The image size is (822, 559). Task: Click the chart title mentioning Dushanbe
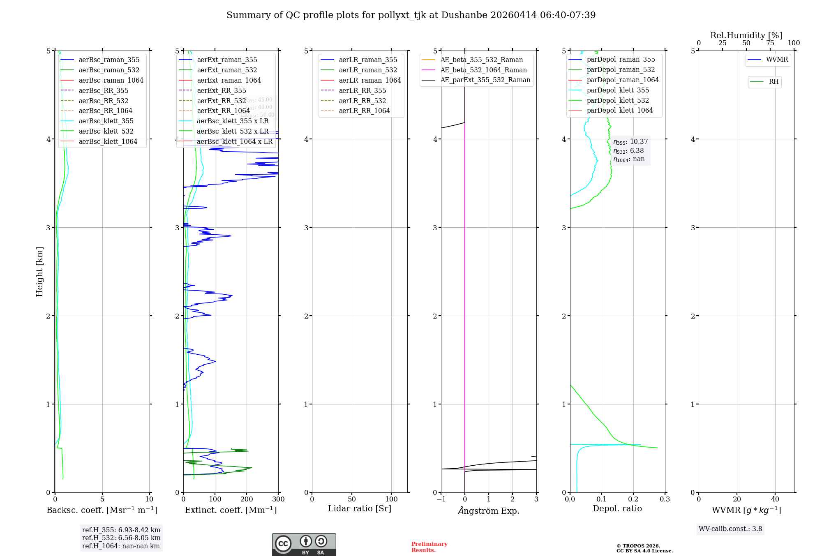point(411,15)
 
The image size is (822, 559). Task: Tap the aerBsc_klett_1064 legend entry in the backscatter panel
point(108,141)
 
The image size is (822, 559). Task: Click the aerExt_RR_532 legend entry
point(221,101)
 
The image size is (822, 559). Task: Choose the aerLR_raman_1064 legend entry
point(369,80)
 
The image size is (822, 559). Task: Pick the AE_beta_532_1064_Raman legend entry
point(483,70)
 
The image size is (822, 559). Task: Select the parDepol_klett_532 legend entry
point(617,100)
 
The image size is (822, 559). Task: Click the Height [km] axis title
point(39,271)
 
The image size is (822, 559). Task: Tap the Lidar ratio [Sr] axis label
point(360,508)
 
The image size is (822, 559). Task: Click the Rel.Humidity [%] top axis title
point(746,35)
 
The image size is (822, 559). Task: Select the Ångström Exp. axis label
point(489,510)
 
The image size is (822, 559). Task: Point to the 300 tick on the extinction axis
point(278,499)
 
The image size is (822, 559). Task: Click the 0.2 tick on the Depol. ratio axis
point(633,499)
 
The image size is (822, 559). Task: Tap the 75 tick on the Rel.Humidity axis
point(770,43)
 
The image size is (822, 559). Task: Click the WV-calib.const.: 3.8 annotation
point(730,529)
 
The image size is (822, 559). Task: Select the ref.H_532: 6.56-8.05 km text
point(121,538)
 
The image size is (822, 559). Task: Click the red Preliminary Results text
point(429,547)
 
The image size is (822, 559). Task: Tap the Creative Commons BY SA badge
point(304,544)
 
